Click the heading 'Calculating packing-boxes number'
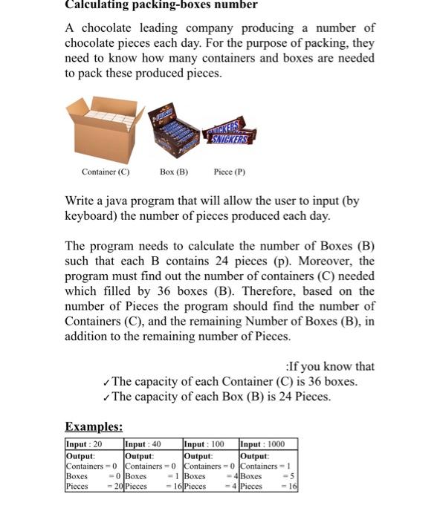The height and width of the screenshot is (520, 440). (161, 5)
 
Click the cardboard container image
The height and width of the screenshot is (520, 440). (106, 132)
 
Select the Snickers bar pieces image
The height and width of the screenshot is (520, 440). (228, 134)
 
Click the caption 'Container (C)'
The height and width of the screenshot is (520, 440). (106, 172)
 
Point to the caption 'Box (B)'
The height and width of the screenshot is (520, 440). (174, 172)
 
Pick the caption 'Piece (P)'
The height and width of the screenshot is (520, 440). (229, 172)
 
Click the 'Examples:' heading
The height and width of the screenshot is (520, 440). (94, 426)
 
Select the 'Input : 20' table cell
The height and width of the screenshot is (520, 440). (85, 443)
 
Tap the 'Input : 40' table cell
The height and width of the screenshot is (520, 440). (143, 443)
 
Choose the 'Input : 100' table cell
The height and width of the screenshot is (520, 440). (204, 443)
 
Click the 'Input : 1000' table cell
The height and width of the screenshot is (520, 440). (262, 443)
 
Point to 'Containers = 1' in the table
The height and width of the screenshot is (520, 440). (268, 465)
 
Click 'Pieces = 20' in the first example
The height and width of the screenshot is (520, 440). (93, 487)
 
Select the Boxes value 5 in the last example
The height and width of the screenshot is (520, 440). (293, 476)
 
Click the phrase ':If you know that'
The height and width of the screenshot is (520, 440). (330, 366)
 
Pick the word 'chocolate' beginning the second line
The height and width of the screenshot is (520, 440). (91, 43)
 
